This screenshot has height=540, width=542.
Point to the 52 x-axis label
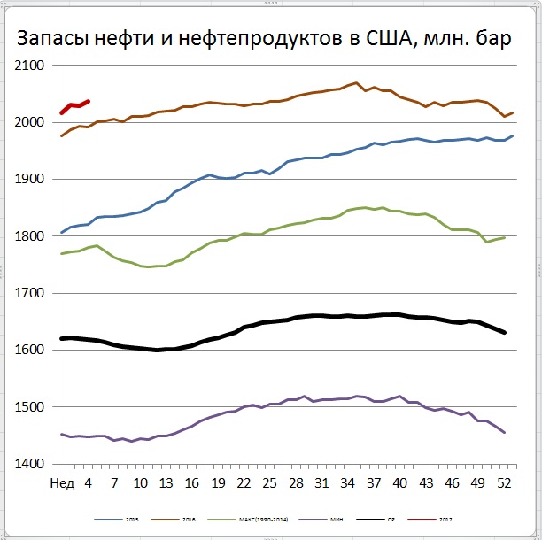pyautogui.click(x=504, y=482)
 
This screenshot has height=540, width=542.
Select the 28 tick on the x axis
pyautogui.click(x=297, y=482)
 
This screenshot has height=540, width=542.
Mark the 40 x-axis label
pyautogui.click(x=400, y=482)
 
